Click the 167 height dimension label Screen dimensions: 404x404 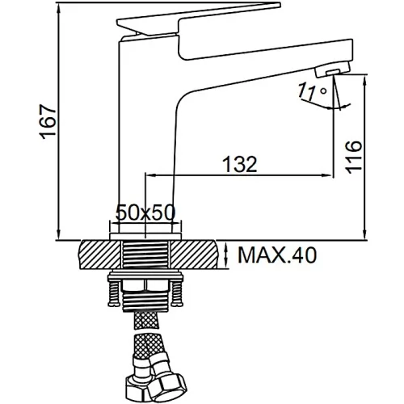pyautogui.click(x=48, y=121)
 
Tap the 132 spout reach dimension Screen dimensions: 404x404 pyautogui.click(x=240, y=164)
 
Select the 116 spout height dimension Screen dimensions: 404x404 pyautogui.click(x=353, y=157)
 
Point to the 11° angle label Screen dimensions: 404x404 pyautogui.click(x=313, y=91)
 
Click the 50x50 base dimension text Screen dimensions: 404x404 pyautogui.click(x=145, y=213)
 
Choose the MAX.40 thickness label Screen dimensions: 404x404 pyautogui.click(x=277, y=255)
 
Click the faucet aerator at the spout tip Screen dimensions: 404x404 pyautogui.click(x=333, y=69)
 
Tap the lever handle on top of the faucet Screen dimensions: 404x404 pyautogui.click(x=199, y=19)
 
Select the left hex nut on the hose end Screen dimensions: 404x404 pyautogui.click(x=141, y=388)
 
